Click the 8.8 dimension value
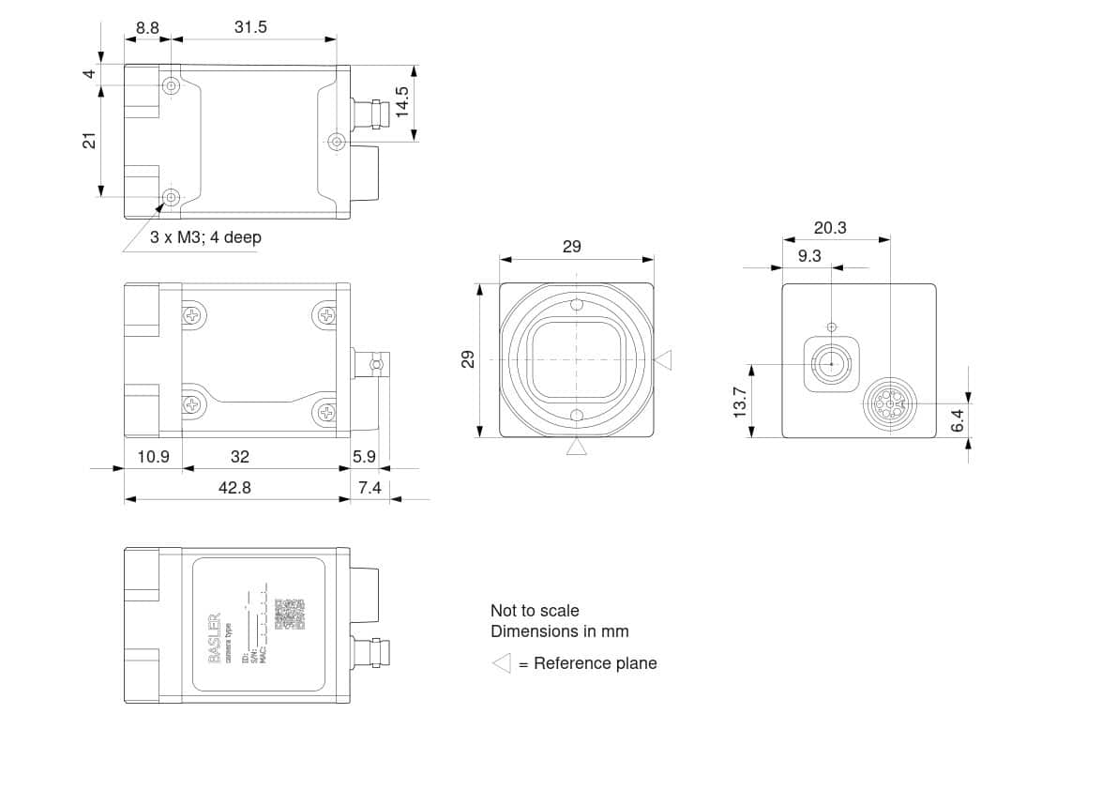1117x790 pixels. tap(147, 27)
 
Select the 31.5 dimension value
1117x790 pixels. tap(250, 27)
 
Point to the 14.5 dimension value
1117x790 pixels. tap(401, 100)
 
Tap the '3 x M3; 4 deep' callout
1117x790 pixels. tap(205, 237)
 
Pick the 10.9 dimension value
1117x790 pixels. tap(153, 456)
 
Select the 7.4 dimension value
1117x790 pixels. tap(370, 488)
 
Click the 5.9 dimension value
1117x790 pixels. tap(364, 456)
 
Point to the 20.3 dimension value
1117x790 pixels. tap(830, 227)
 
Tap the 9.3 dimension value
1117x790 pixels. tap(809, 255)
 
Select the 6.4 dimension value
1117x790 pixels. tap(957, 419)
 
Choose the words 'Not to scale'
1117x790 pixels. tap(535, 611)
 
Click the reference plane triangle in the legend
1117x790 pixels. tap(502, 663)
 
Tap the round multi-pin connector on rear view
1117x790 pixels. tap(886, 403)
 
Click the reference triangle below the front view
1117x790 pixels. tap(576, 448)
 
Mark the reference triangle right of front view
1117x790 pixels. tap(663, 359)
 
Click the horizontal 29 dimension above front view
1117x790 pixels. tap(571, 247)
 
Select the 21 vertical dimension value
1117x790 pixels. tap(89, 141)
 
